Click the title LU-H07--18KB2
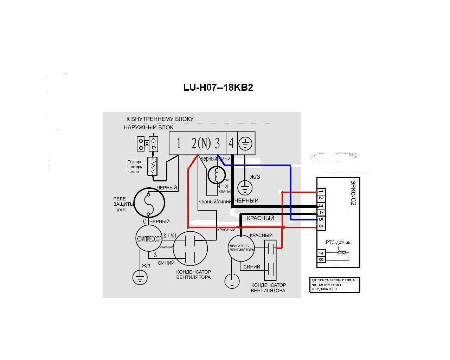[x=218, y=87]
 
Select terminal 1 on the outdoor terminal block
[x=179, y=143]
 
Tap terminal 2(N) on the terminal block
[x=200, y=143]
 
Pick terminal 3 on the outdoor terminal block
[x=218, y=143]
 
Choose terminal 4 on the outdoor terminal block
[x=231, y=143]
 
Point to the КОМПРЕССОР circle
[x=149, y=239]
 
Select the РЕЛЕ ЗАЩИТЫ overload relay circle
[x=149, y=202]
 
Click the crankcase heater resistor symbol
[x=153, y=166]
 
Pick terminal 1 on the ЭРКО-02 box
[x=321, y=192]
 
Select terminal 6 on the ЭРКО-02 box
[x=321, y=226]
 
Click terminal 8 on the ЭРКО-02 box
[x=321, y=260]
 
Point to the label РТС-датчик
[x=338, y=242]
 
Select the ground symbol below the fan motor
[x=232, y=281]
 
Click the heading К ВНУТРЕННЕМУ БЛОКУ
[x=160, y=119]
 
